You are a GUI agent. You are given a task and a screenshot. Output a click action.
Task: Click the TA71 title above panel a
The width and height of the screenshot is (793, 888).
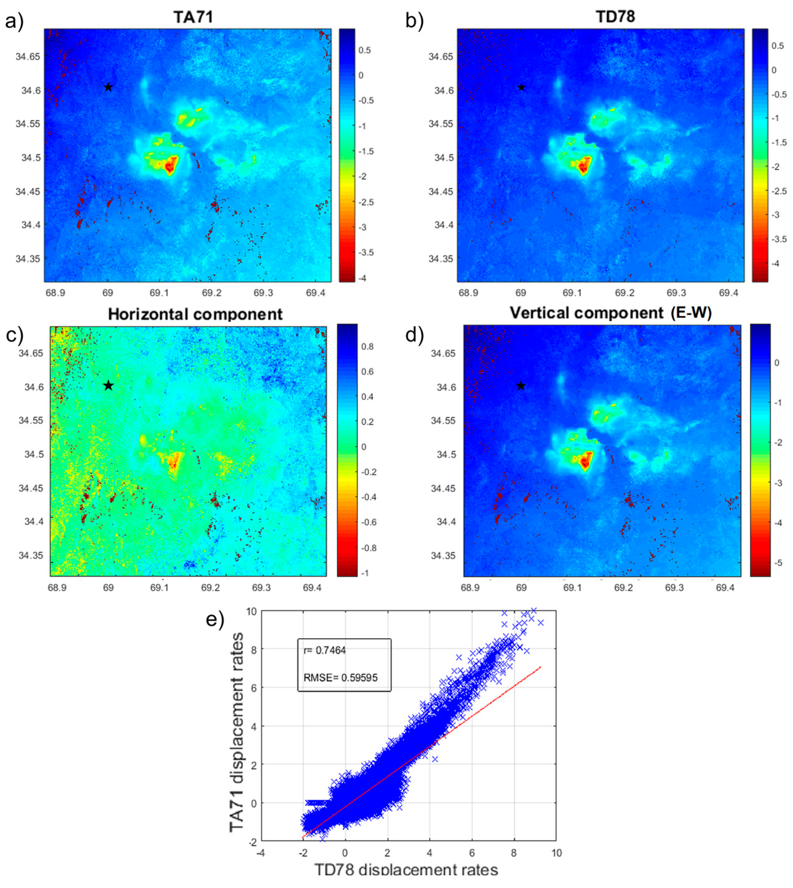193,17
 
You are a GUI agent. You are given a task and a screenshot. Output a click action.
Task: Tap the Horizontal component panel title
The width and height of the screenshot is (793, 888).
195,314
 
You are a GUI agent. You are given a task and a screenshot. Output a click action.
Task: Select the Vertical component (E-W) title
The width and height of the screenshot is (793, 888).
610,313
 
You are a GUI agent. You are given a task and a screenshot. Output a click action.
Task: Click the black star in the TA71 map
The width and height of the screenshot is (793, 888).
108,87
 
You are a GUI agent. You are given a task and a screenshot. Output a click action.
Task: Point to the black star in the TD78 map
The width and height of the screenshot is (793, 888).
521,87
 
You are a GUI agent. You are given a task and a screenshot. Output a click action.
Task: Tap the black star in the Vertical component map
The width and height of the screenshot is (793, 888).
521,386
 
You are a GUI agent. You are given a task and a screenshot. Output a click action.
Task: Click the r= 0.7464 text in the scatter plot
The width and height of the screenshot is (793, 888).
325,651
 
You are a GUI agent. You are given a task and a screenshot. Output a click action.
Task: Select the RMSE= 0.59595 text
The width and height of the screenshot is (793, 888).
340,678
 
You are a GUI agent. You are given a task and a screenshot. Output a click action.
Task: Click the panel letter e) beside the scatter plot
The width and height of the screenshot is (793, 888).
215,619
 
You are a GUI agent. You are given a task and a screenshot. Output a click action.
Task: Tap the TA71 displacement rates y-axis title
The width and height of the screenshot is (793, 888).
236,733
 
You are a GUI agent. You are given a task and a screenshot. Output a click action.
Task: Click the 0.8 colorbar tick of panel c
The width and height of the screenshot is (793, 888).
367,347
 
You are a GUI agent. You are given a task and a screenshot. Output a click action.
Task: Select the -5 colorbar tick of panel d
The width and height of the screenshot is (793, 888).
777,563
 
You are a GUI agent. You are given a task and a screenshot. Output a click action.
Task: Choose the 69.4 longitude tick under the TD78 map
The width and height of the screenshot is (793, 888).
728,293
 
